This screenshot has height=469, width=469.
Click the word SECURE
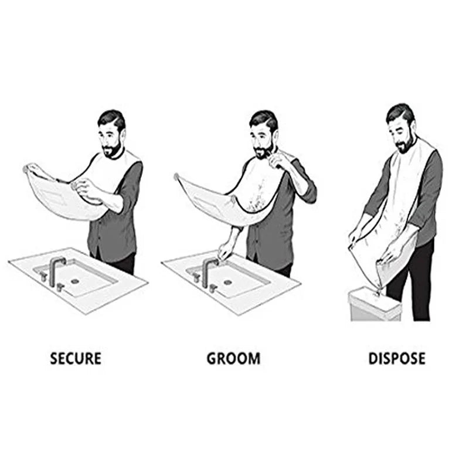pyautogui.click(x=76, y=358)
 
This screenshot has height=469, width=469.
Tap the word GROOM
pyautogui.click(x=233, y=358)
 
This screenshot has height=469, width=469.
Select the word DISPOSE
pyautogui.click(x=397, y=358)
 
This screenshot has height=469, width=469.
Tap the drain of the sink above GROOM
pyautogui.click(x=227, y=281)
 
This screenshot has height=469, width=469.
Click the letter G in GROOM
pyautogui.click(x=212, y=358)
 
